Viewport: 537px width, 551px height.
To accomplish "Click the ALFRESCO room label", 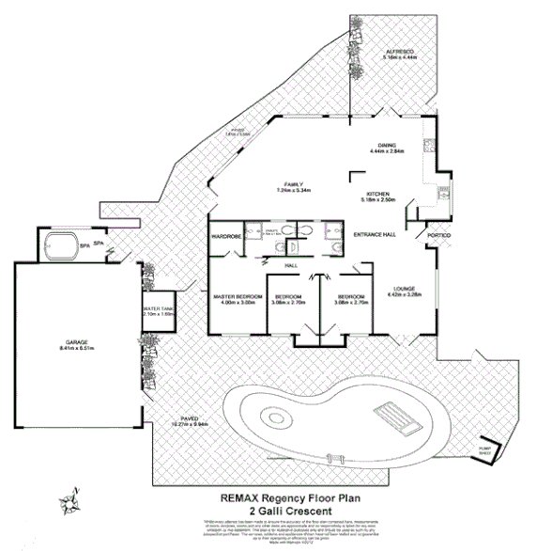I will [x=400, y=51].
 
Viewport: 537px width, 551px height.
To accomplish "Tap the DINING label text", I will [x=387, y=144].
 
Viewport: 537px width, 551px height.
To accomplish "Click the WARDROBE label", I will [x=228, y=236].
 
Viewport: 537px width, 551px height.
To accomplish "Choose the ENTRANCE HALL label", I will [x=375, y=234].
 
